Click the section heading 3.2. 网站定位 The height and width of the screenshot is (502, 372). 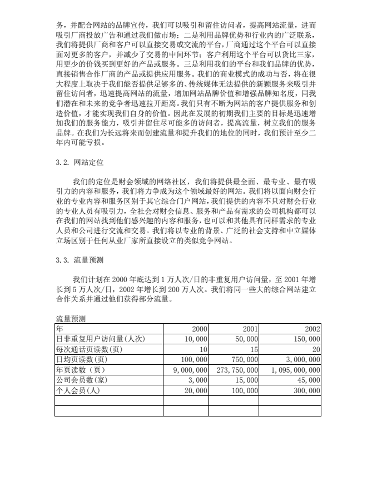click(80, 163)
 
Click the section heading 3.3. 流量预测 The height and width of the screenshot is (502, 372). click(80, 260)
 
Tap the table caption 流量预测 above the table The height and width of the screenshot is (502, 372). click(71, 319)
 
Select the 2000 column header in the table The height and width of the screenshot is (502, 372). click(199, 329)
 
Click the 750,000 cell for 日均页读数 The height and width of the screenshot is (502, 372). click(242, 360)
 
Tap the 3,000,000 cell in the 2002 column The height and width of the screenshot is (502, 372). click(301, 360)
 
